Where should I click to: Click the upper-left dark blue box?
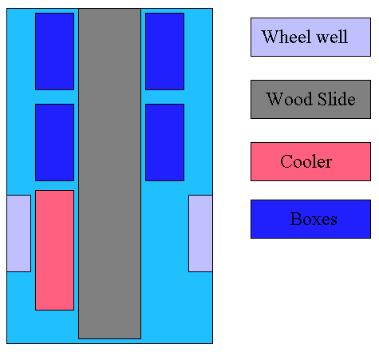tap(54, 51)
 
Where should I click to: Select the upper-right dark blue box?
tap(164, 51)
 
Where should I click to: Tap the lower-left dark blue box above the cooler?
tap(54, 142)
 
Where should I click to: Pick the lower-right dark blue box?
tap(164, 142)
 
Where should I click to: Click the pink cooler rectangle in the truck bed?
tap(54, 250)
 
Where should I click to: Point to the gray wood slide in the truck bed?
tap(109, 173)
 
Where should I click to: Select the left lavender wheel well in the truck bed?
tap(18, 233)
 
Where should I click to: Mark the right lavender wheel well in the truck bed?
tap(200, 233)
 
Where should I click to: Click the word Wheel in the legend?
tap(286, 37)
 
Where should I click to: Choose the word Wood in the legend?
tap(290, 99)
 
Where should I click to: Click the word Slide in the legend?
tap(337, 99)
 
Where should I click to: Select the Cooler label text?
tap(306, 161)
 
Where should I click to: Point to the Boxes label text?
tap(314, 219)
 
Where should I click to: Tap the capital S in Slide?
tap(322, 99)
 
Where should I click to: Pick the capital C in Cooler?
tap(286, 161)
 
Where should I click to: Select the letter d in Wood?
tap(308, 99)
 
